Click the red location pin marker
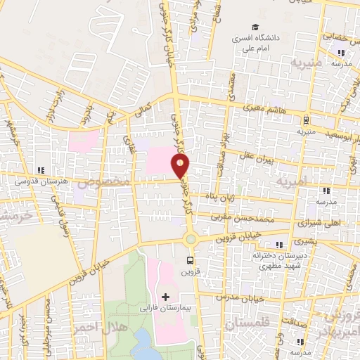pos(181,166)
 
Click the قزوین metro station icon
pos(188,261)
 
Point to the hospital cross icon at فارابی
pos(165,297)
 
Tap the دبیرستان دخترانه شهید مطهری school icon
pos(280,245)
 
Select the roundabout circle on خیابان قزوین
pos(191,239)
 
